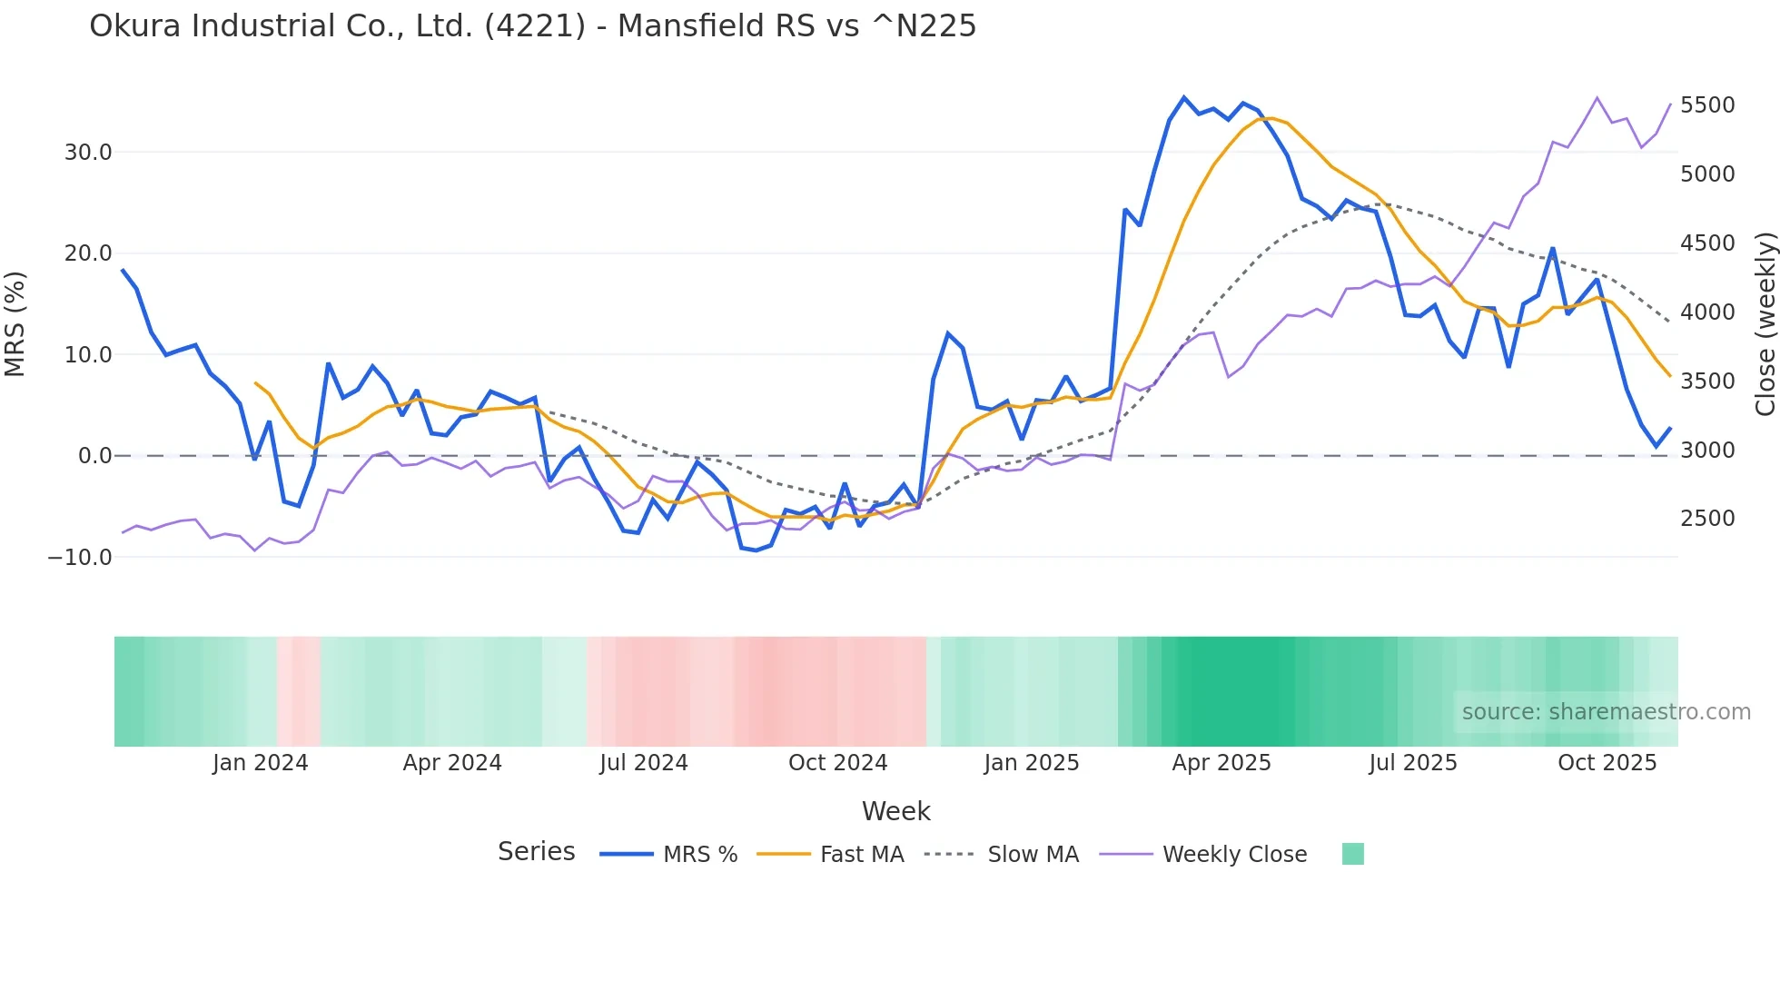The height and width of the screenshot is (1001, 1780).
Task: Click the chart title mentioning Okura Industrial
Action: click(x=532, y=26)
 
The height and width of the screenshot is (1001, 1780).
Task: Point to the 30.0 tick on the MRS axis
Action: click(x=88, y=153)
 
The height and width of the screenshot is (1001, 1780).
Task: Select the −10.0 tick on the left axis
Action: click(x=80, y=558)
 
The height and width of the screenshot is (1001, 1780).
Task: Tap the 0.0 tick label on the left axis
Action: click(x=95, y=456)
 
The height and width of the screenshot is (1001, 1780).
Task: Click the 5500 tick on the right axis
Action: click(x=1707, y=105)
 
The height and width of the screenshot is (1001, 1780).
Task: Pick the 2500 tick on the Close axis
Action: click(x=1707, y=519)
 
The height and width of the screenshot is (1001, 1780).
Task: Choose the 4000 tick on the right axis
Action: click(x=1707, y=312)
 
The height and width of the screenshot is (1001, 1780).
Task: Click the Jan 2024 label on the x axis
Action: click(x=261, y=763)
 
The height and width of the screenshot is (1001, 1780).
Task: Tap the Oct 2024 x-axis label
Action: click(x=837, y=763)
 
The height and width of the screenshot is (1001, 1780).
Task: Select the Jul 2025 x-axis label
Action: click(x=1413, y=763)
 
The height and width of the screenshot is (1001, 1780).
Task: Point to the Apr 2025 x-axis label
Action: click(x=1221, y=763)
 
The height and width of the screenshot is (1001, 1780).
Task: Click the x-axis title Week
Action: click(x=895, y=811)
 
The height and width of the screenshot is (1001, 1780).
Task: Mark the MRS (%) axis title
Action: click(x=15, y=323)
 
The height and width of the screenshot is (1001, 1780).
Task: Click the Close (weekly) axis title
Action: click(x=1765, y=323)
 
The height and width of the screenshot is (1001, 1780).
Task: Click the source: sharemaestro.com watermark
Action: click(x=1606, y=712)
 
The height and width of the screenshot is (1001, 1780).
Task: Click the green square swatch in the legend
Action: click(x=1353, y=855)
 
